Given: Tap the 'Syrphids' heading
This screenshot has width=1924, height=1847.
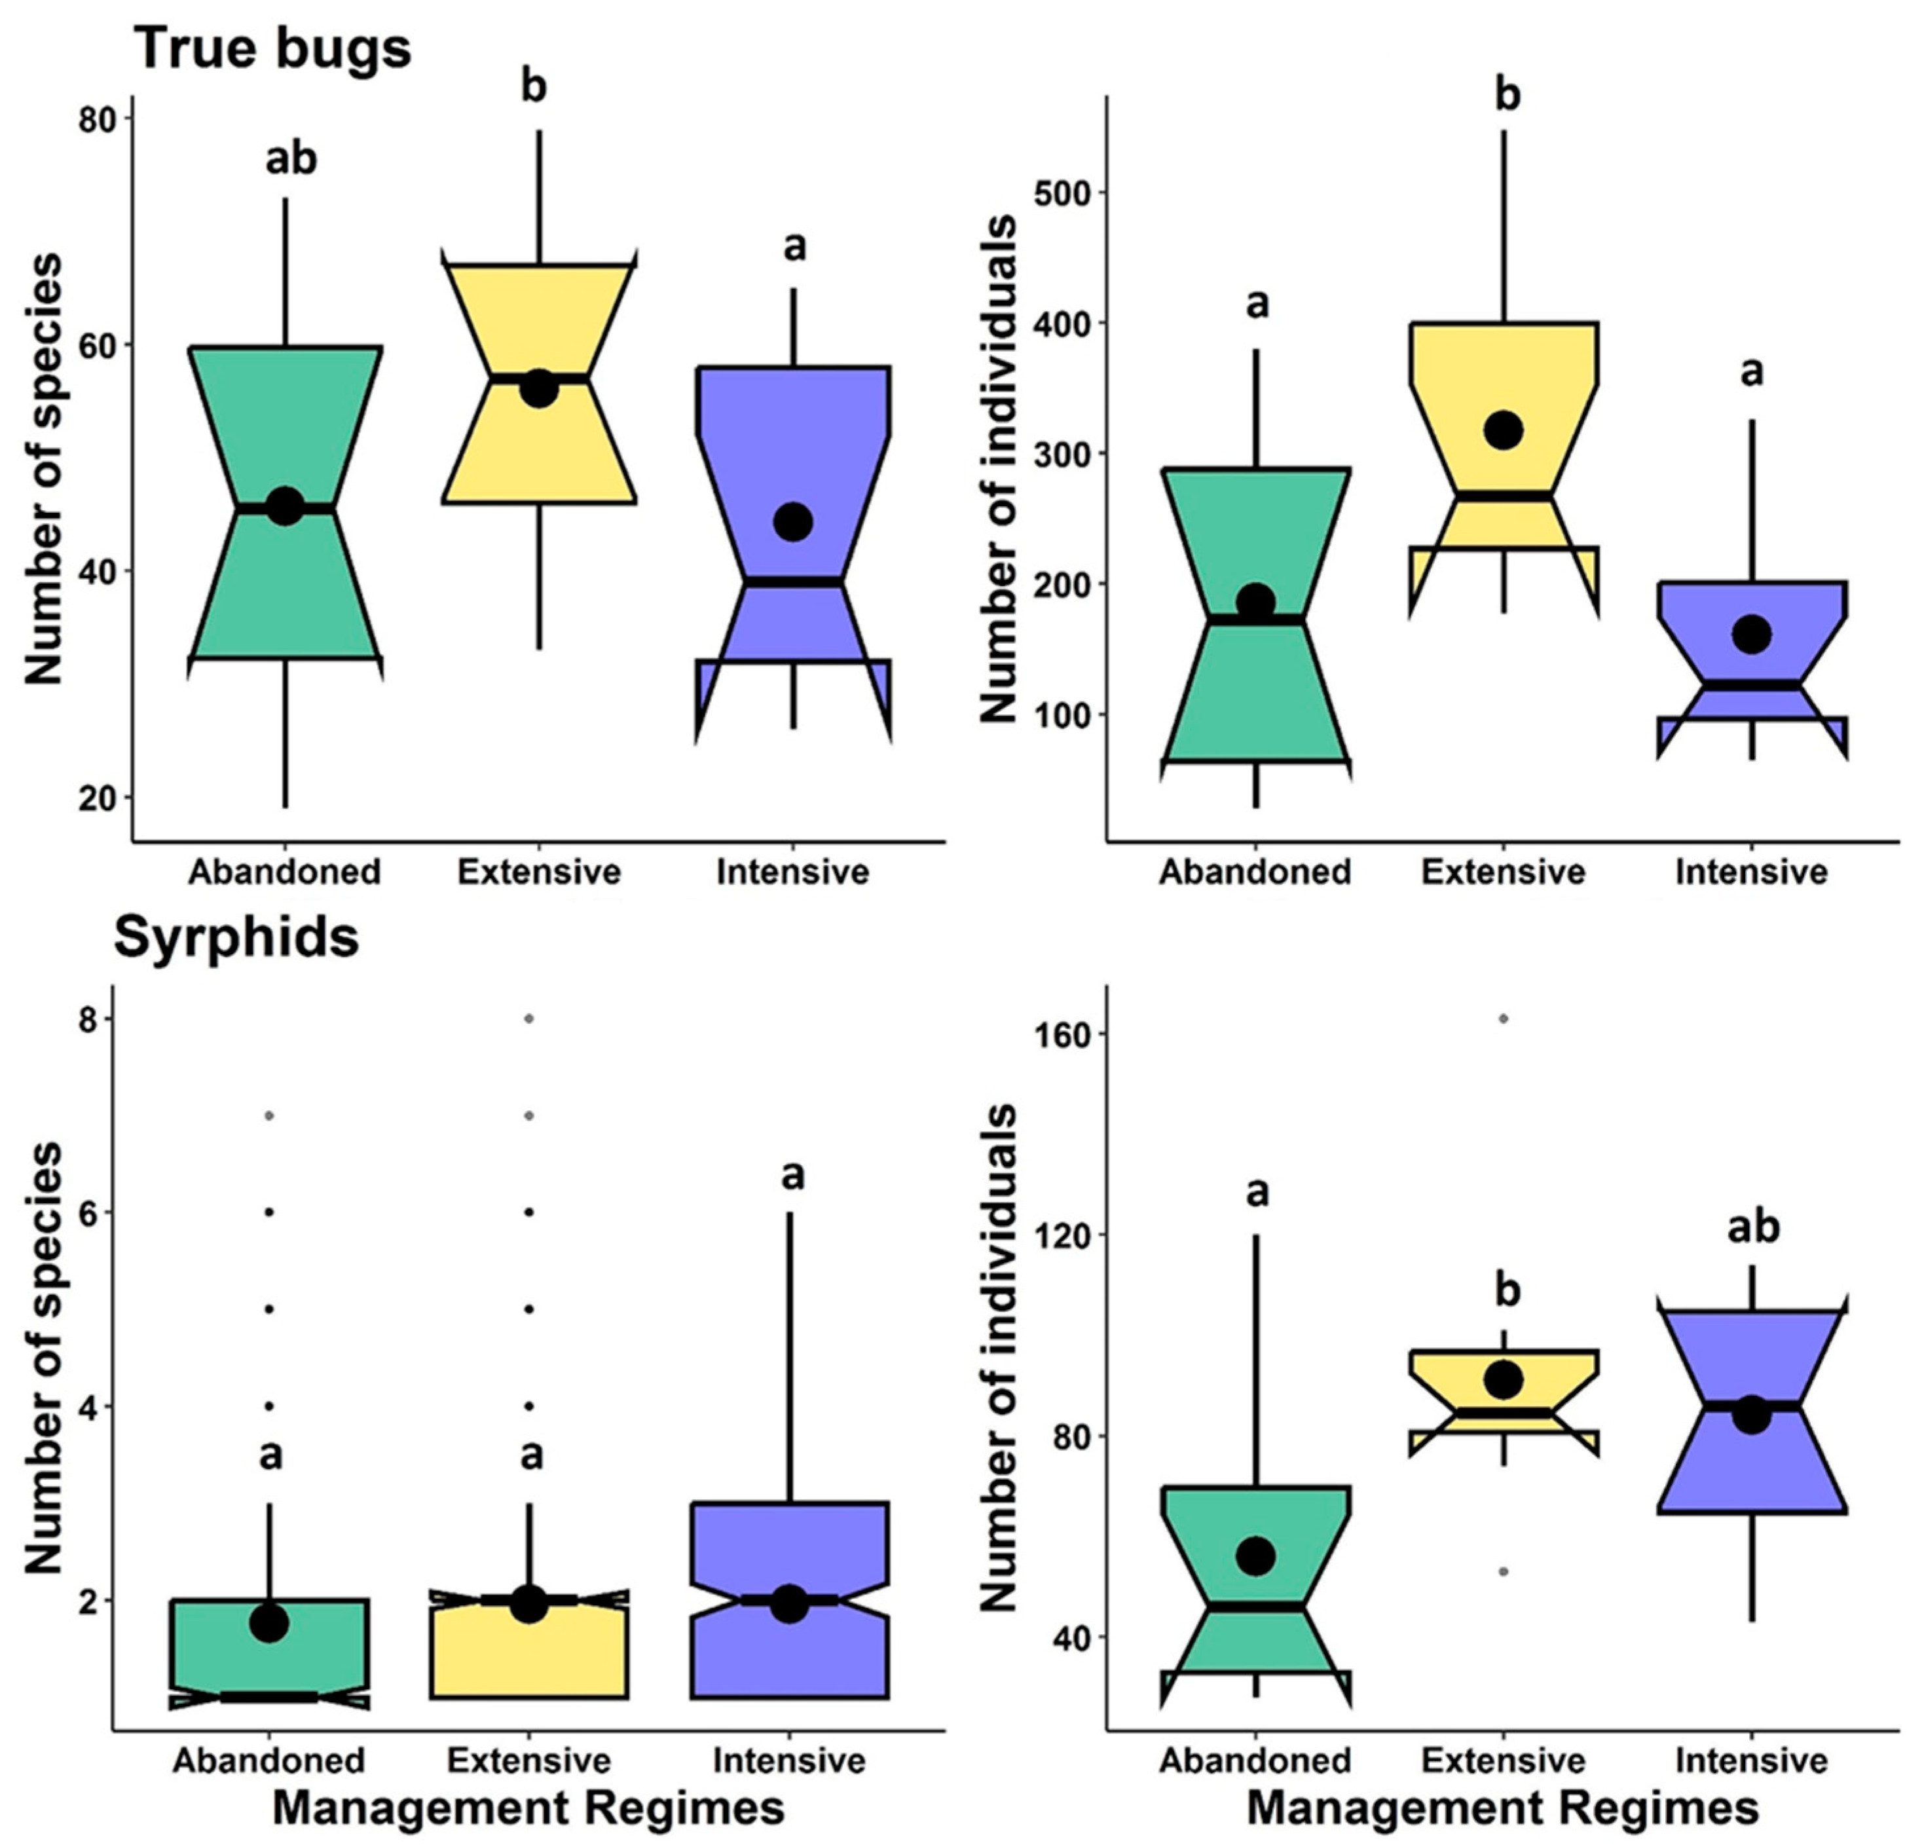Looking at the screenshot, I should [x=236, y=938].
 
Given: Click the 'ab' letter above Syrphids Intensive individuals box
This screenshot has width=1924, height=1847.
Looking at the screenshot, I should [x=1752, y=1227].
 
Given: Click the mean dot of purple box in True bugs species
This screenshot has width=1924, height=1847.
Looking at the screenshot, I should [x=793, y=521].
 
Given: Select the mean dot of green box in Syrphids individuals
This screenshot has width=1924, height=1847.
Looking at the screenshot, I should [x=1255, y=1556].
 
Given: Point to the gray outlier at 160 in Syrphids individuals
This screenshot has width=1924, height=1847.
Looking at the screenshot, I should [x=1503, y=1019].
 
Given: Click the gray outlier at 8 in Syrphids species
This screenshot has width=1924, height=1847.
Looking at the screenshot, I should [x=529, y=1019].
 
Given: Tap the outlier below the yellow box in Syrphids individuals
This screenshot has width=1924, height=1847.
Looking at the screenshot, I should [x=1503, y=1572].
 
